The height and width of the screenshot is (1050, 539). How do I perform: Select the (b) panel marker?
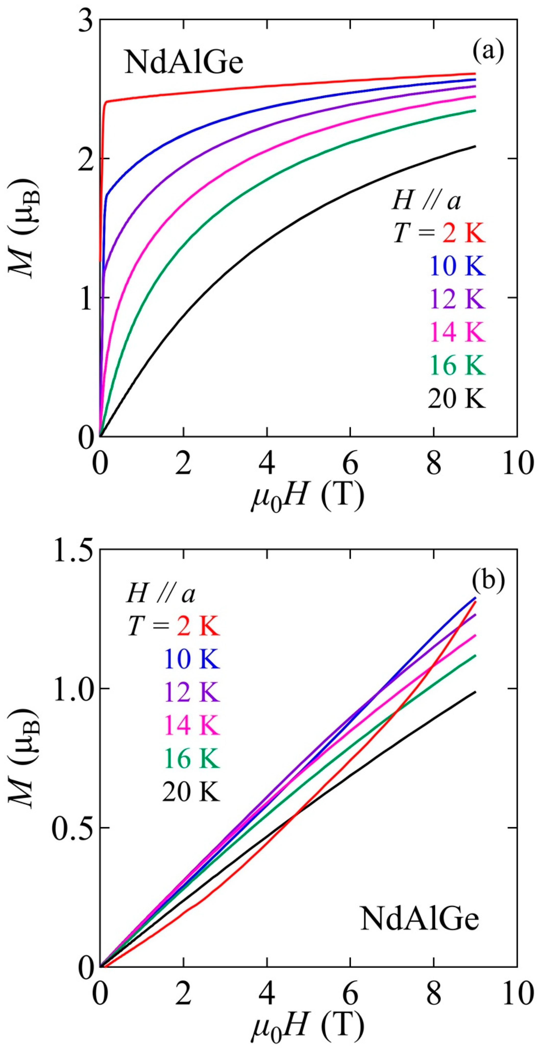point(488,579)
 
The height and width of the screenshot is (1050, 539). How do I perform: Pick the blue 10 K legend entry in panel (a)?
point(457,267)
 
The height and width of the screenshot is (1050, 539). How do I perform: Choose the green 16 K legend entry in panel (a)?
point(457,366)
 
